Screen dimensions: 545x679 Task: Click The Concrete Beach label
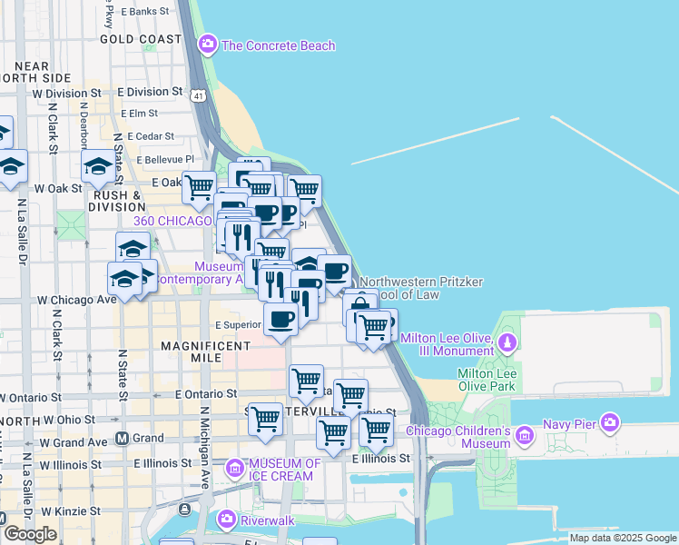[278, 45]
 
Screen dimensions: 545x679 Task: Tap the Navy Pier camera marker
[609, 422]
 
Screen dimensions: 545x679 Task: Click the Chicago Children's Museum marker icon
[524, 437]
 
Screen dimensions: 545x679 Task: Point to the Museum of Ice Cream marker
[235, 469]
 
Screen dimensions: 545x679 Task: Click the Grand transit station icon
[122, 438]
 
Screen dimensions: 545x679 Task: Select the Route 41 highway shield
[198, 95]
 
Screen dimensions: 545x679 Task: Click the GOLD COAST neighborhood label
[141, 39]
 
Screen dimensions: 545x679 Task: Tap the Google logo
[30, 534]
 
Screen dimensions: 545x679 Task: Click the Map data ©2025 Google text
[623, 538]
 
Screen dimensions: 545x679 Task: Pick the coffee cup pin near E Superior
[280, 320]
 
